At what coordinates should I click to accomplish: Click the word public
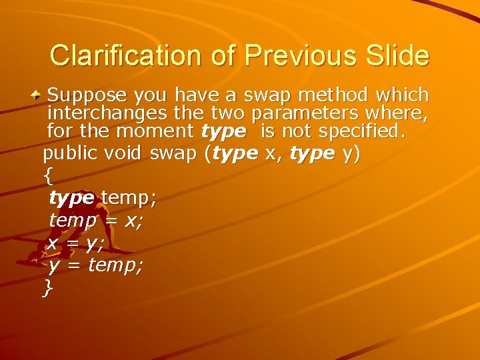point(70,154)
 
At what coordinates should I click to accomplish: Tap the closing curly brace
point(47,288)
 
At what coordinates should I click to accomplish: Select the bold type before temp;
point(71,198)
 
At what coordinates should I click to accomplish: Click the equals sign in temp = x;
point(109,221)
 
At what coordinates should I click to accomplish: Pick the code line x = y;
point(75,243)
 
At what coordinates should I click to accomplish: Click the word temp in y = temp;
point(114,265)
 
